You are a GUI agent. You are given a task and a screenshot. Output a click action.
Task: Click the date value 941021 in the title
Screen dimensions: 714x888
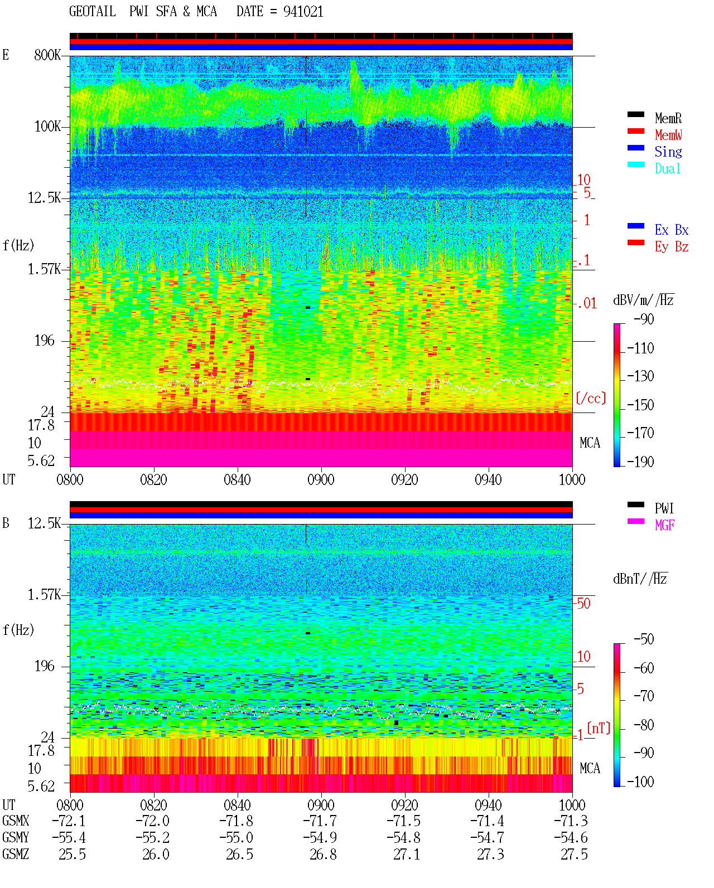pyautogui.click(x=303, y=12)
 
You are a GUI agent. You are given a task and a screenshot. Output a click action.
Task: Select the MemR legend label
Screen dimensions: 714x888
pyautogui.click(x=668, y=118)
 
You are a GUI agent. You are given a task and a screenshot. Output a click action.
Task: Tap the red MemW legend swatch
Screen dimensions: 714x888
pyautogui.click(x=635, y=131)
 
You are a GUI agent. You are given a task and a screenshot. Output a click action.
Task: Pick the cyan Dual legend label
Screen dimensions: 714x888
pyautogui.click(x=668, y=168)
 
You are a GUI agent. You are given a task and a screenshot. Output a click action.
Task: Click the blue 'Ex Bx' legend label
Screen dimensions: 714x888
pyautogui.click(x=672, y=230)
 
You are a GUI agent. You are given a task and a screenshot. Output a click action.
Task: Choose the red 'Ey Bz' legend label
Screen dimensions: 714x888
pyautogui.click(x=672, y=246)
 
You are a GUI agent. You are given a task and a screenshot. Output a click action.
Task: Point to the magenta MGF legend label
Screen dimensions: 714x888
pyautogui.click(x=664, y=525)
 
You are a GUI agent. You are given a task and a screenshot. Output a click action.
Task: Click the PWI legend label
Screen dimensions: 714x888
pyautogui.click(x=664, y=508)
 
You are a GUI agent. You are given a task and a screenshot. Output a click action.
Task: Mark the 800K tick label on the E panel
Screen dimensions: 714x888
pyautogui.click(x=47, y=55)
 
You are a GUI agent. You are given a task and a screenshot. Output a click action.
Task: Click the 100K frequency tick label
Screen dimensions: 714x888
pyautogui.click(x=47, y=127)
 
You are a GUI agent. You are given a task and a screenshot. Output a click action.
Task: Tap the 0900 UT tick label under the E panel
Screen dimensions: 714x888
pyautogui.click(x=321, y=479)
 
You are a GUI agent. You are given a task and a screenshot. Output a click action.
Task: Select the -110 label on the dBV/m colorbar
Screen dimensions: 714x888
pyautogui.click(x=640, y=348)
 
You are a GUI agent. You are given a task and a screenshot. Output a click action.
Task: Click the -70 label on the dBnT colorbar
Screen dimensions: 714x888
pyautogui.click(x=644, y=696)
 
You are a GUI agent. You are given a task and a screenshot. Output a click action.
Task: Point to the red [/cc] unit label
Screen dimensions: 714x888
pyautogui.click(x=591, y=398)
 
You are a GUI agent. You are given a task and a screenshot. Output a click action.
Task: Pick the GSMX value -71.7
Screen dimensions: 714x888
pyautogui.click(x=320, y=821)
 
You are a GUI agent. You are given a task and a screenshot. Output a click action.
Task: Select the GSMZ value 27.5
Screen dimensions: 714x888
pyautogui.click(x=574, y=854)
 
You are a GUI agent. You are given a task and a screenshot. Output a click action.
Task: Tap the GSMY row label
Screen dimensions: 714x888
pyautogui.click(x=16, y=838)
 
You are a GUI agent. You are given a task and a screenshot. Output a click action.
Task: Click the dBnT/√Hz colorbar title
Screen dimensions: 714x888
pyautogui.click(x=640, y=579)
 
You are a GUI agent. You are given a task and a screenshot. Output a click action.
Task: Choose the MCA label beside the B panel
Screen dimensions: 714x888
pyautogui.click(x=590, y=768)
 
